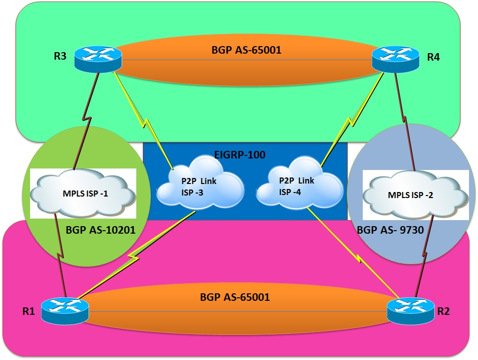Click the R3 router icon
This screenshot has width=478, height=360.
[98, 59]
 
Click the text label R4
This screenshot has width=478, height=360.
[433, 57]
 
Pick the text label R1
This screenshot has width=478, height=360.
[28, 311]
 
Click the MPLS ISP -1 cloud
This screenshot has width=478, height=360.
[83, 194]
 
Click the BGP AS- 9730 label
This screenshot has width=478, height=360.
[387, 230]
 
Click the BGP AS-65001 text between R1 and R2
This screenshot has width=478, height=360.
[235, 297]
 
